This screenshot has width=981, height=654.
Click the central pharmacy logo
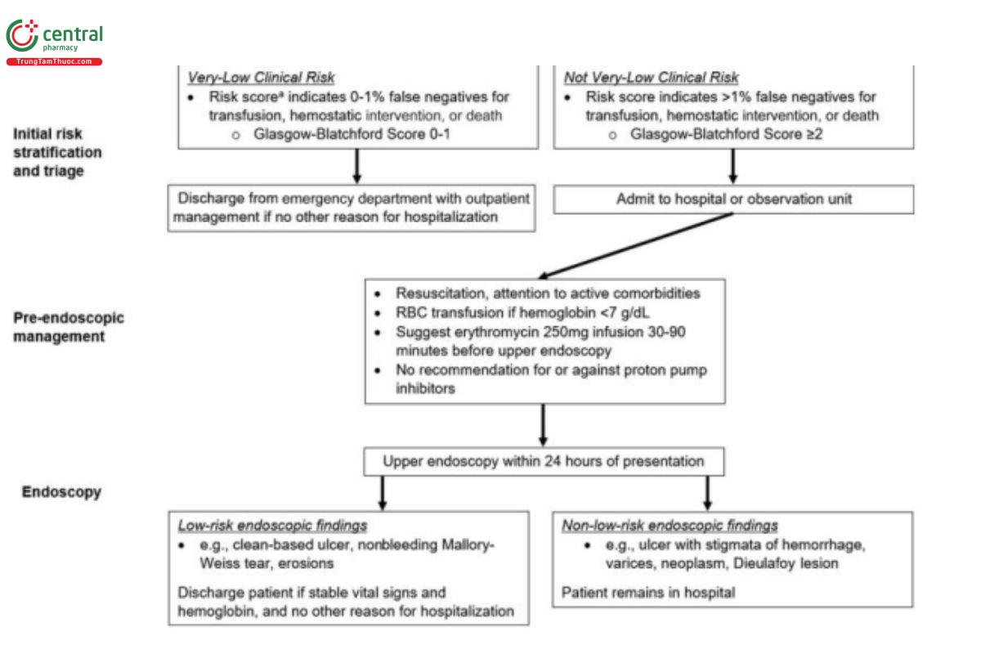click(54, 42)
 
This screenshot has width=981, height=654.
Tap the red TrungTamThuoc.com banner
click(54, 62)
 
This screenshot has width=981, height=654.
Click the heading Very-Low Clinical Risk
click(261, 78)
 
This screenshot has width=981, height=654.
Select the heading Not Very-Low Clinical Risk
click(652, 78)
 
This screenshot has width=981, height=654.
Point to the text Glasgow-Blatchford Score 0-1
click(352, 134)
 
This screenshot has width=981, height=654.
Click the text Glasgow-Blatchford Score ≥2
click(727, 134)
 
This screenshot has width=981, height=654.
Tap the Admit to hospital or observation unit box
click(733, 199)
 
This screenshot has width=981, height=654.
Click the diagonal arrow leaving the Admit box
click(636, 245)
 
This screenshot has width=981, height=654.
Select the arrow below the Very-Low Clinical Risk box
click(357, 167)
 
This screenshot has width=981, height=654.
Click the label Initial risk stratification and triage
click(57, 152)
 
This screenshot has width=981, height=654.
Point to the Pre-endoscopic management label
click(69, 327)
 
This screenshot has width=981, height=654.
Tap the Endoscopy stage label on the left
click(61, 492)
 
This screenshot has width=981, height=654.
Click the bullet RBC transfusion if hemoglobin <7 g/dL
click(522, 313)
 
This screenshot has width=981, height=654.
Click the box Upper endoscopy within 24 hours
click(544, 462)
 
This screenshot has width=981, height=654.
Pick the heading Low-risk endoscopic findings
click(272, 525)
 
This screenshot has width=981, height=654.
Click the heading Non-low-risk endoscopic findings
click(670, 525)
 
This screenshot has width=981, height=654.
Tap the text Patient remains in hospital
click(648, 593)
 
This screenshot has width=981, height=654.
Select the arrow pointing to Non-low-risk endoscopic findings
click(707, 493)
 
